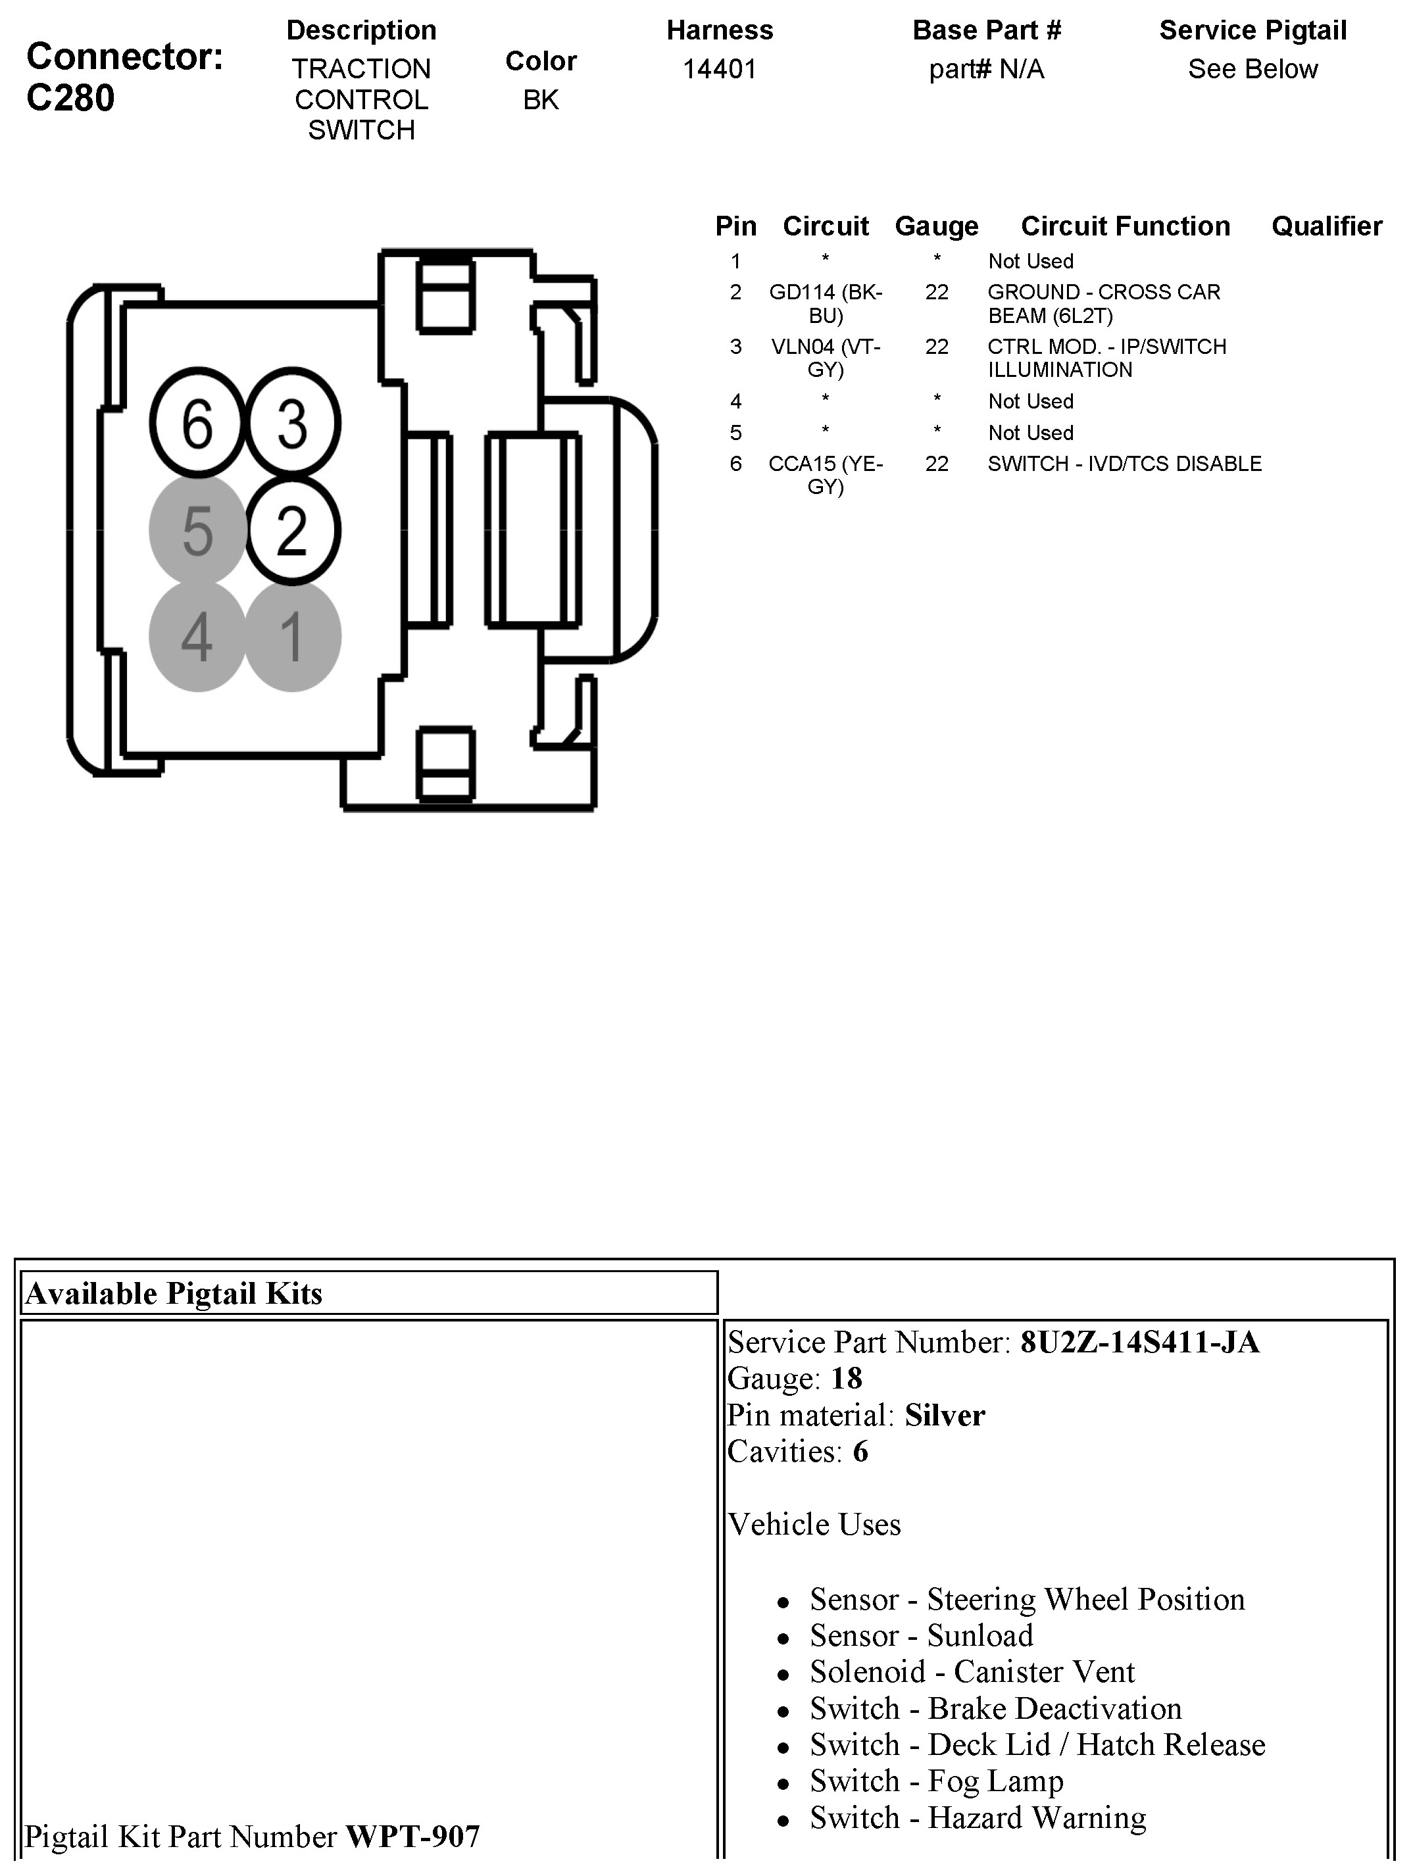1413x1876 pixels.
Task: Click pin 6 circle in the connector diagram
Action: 197,423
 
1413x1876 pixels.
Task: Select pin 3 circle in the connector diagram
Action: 293,423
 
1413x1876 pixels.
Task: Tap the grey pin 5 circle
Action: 197,530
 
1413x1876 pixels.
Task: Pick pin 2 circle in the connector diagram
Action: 293,530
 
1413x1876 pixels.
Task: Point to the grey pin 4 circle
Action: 197,636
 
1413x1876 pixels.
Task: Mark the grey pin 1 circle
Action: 293,636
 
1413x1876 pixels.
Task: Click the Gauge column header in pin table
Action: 936,226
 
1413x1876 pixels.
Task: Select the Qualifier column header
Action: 1326,226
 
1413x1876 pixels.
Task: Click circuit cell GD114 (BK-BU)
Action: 826,304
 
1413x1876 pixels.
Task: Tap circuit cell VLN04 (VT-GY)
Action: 826,358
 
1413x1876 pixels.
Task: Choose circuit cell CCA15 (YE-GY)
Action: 826,475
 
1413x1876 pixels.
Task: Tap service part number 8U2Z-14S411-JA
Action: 1139,1342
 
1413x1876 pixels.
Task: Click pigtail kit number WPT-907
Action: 413,1836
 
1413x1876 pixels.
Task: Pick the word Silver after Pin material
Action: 945,1415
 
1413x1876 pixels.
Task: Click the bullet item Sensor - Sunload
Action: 921,1635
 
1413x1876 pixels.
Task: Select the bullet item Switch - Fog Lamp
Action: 936,1781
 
